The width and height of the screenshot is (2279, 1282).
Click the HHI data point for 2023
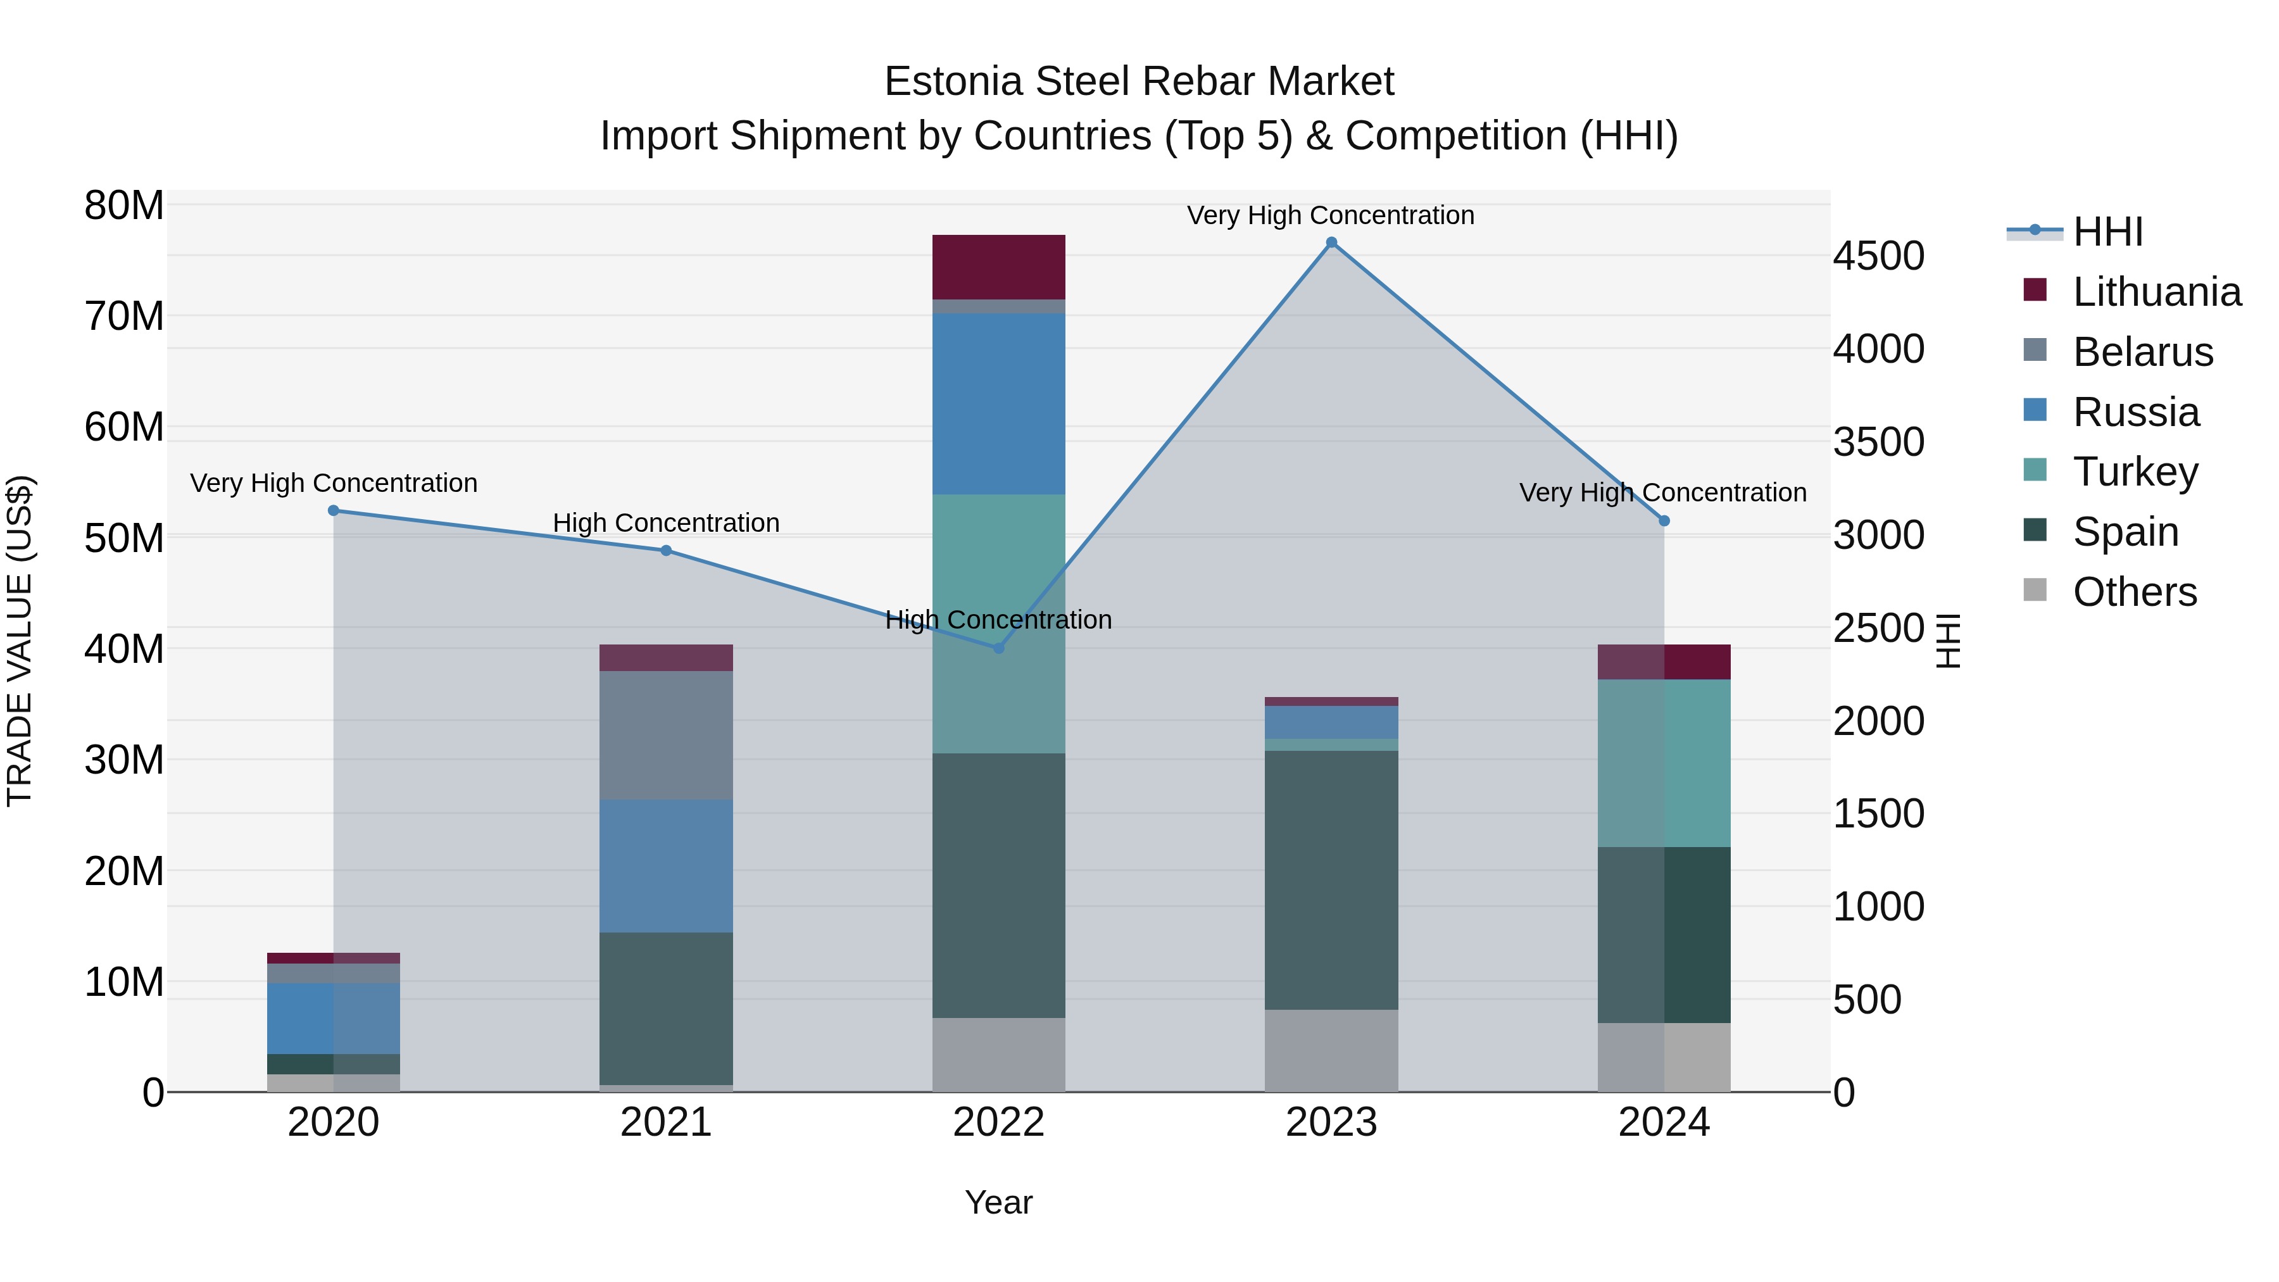pos(1331,242)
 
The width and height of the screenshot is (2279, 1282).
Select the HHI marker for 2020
pos(334,510)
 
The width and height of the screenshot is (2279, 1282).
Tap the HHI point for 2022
pos(999,648)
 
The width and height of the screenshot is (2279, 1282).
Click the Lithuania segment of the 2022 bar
pos(999,267)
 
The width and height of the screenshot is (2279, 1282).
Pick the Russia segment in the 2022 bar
pos(999,403)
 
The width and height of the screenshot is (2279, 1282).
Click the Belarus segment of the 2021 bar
pos(666,734)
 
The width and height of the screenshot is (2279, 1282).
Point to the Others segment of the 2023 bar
pos(1331,1050)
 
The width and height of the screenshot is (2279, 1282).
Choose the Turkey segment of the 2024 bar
pos(1664,763)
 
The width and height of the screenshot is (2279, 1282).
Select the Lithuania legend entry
pos(2156,292)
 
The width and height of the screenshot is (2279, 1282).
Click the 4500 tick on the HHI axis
pos(1878,256)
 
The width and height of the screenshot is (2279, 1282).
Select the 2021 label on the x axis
pos(666,1122)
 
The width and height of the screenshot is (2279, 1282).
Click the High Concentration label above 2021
pos(666,523)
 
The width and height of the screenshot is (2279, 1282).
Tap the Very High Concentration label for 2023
pos(1331,215)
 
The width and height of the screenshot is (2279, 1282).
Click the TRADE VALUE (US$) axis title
pos(20,641)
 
